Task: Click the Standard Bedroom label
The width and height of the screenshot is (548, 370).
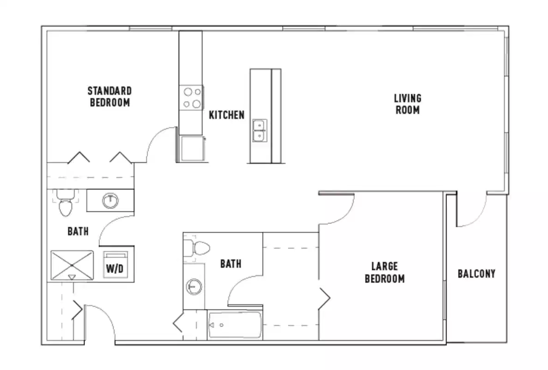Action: [109, 97]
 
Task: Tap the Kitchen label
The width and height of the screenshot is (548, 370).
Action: [227, 115]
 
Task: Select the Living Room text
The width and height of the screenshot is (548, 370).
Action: [407, 104]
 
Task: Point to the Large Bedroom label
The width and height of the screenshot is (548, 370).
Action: [385, 272]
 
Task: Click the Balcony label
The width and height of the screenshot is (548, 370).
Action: [476, 273]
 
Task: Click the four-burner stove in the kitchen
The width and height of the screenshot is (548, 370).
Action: [192, 98]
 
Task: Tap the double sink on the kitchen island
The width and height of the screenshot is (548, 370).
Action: [259, 130]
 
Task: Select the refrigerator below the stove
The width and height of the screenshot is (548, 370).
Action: [191, 148]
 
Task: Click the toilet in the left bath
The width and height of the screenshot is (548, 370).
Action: [65, 204]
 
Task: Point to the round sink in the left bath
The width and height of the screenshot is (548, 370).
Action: [110, 200]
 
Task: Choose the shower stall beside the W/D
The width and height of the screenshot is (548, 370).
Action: [72, 265]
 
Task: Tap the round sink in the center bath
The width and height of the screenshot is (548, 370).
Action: [194, 287]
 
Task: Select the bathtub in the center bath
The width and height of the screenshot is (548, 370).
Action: [235, 325]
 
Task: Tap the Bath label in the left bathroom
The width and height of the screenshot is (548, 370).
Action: [78, 231]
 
